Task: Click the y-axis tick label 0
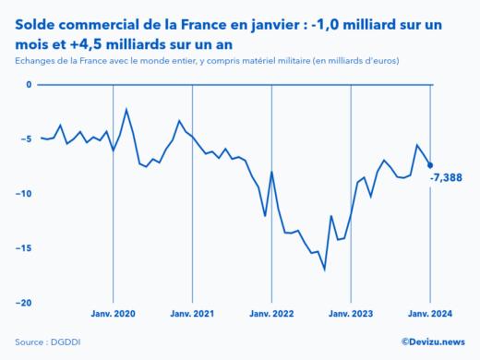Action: pos(29,85)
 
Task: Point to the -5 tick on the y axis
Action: pos(27,139)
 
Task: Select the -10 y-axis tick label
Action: pos(24,194)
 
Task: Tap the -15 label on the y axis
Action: pos(24,248)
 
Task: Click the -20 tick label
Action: pos(24,303)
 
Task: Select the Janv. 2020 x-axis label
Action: pos(113,314)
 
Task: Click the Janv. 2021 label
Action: pos(192,314)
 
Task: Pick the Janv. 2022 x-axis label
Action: pos(271,314)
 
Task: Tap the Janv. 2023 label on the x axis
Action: pos(351,314)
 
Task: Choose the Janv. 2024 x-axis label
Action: pos(429,314)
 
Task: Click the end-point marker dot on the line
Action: pos(430,165)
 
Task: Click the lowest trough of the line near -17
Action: pos(325,270)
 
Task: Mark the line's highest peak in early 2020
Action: pos(126,110)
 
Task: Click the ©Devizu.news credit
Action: pos(432,342)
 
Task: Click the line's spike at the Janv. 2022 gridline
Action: pos(271,173)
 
